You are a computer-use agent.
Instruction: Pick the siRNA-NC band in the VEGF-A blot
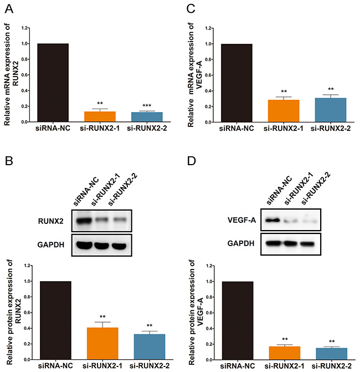point(271,220)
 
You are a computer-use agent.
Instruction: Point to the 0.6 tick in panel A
point(25,75)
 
